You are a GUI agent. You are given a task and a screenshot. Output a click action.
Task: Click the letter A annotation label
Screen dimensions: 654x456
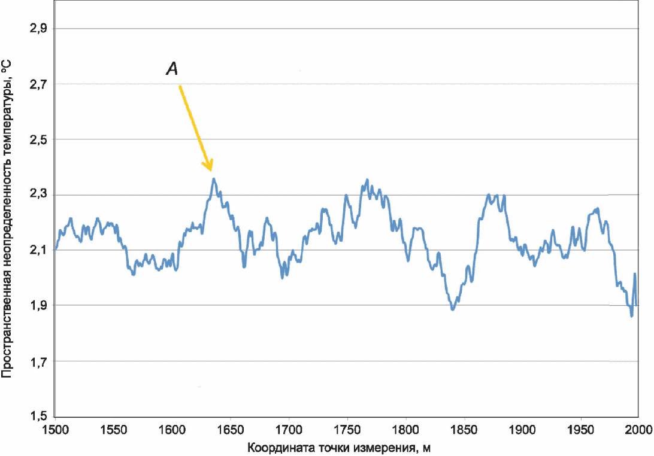(172, 68)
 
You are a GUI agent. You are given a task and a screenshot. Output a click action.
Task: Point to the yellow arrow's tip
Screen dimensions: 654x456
(211, 171)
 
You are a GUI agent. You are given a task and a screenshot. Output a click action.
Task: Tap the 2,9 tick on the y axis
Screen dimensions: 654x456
(38, 29)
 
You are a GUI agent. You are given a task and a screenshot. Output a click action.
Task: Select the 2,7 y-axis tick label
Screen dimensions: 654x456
(38, 84)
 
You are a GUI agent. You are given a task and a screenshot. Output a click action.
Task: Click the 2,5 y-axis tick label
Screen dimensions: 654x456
(38, 139)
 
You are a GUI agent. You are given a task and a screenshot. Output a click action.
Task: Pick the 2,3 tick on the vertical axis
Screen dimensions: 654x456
(38, 194)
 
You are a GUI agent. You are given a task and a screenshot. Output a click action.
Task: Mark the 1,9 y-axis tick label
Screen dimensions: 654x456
(38, 306)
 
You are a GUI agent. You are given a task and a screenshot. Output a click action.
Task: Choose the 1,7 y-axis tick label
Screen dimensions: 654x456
(38, 361)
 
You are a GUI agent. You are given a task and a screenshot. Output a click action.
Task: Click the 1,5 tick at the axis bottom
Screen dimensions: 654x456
(38, 416)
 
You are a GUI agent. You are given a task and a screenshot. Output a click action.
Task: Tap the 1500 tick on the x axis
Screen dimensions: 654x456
(56, 429)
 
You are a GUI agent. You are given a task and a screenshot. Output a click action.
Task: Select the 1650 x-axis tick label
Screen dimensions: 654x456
(231, 429)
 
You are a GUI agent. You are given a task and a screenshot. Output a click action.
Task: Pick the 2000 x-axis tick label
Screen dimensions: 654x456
(639, 429)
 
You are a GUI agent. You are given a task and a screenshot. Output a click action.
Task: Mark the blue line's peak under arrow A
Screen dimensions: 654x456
(214, 179)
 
